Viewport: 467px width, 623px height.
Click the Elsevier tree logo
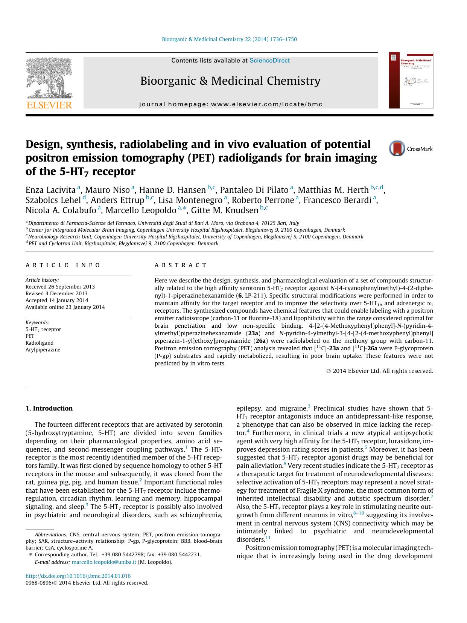(x=49, y=79)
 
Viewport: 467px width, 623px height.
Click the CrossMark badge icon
(x=397, y=148)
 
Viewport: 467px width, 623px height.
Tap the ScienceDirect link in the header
(x=269, y=61)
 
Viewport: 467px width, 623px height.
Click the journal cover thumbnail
(x=411, y=80)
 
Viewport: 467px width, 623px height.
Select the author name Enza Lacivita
(x=50, y=190)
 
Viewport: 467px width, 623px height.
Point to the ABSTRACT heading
(x=181, y=265)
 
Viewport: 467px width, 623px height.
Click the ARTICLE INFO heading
(x=63, y=265)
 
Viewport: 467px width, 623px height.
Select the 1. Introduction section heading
(x=49, y=408)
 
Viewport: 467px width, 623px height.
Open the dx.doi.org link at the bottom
(x=78, y=576)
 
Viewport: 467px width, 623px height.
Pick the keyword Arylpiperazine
(x=43, y=350)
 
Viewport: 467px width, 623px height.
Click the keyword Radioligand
(x=40, y=343)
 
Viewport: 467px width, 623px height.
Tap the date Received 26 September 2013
(x=60, y=287)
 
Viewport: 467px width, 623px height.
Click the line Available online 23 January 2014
(x=65, y=307)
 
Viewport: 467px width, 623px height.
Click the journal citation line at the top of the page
(x=229, y=39)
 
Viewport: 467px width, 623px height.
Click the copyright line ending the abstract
(x=380, y=371)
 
